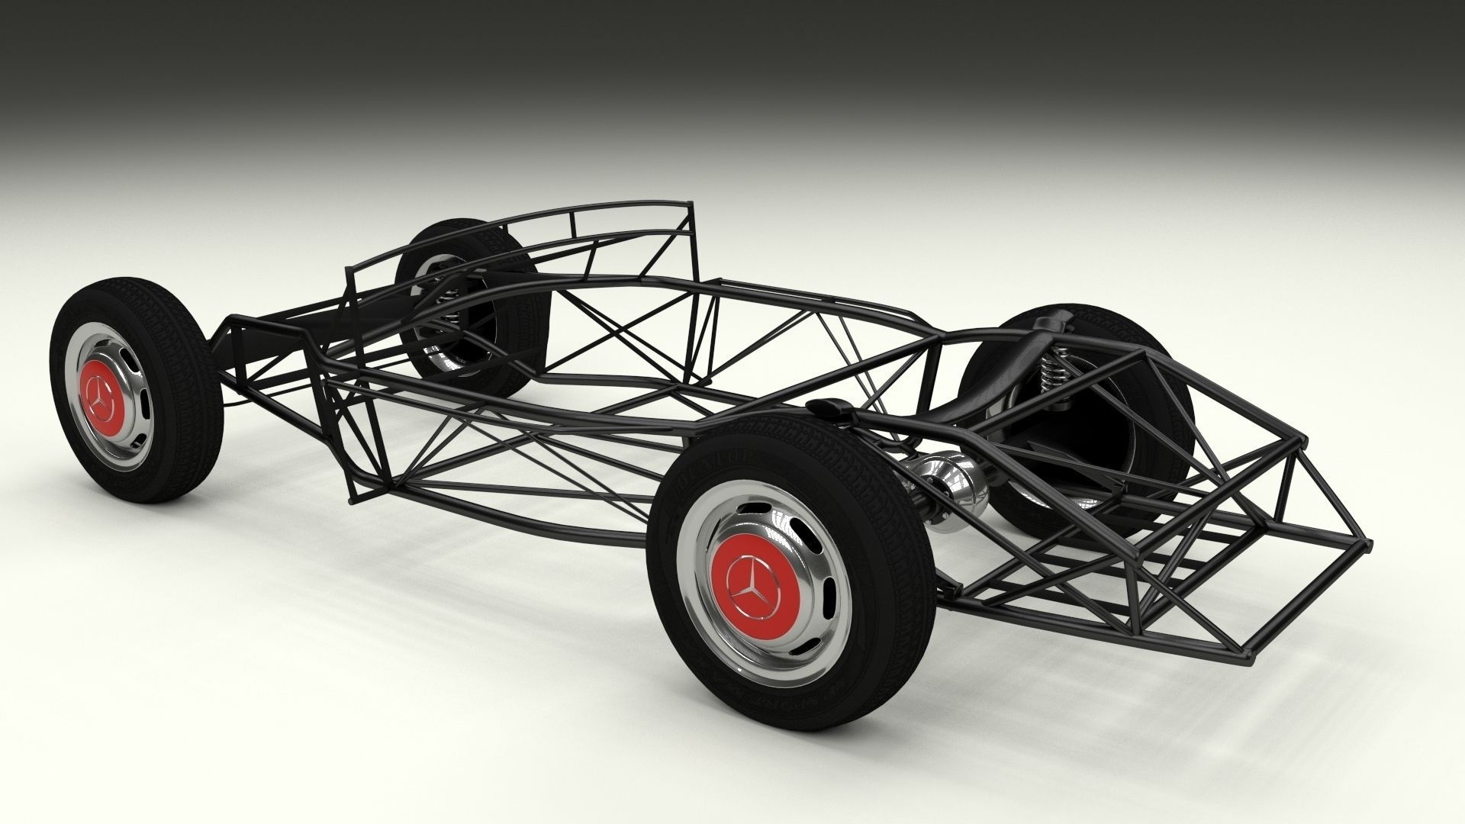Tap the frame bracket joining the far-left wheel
pyautogui.click(x=229, y=336)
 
